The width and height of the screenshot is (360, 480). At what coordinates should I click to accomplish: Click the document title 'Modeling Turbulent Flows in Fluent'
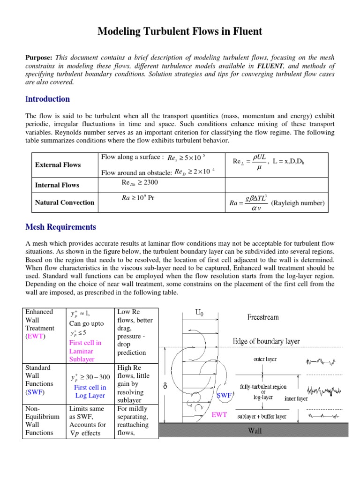pyautogui.click(x=180, y=32)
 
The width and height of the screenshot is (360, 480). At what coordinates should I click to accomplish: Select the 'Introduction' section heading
pyautogui.click(x=47, y=99)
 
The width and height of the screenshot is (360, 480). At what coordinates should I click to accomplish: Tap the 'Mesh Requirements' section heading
pyautogui.click(x=60, y=227)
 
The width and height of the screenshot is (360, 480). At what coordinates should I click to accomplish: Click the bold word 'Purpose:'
pyautogui.click(x=39, y=57)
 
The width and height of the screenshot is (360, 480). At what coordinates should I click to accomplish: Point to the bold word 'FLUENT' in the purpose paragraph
pyautogui.click(x=270, y=65)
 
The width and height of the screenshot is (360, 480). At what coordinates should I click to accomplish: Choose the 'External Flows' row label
pyautogui.click(x=58, y=165)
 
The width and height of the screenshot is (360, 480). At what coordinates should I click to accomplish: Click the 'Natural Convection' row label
pyautogui.click(x=64, y=202)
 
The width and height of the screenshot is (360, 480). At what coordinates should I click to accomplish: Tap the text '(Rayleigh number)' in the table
pyautogui.click(x=298, y=203)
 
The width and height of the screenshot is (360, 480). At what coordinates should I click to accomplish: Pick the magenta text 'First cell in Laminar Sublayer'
pyautogui.click(x=85, y=351)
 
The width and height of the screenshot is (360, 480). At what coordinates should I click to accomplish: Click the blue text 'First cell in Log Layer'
pyautogui.click(x=90, y=391)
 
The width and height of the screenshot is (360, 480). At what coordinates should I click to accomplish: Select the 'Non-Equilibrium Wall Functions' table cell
pyautogui.click(x=42, y=420)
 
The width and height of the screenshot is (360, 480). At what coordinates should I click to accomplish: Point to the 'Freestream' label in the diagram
pyautogui.click(x=262, y=317)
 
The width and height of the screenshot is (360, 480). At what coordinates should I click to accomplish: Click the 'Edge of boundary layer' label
pyautogui.click(x=266, y=341)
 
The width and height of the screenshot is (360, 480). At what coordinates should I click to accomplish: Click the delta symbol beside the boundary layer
pyautogui.click(x=165, y=387)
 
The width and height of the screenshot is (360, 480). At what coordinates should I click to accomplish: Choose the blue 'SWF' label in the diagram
pyautogui.click(x=225, y=396)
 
